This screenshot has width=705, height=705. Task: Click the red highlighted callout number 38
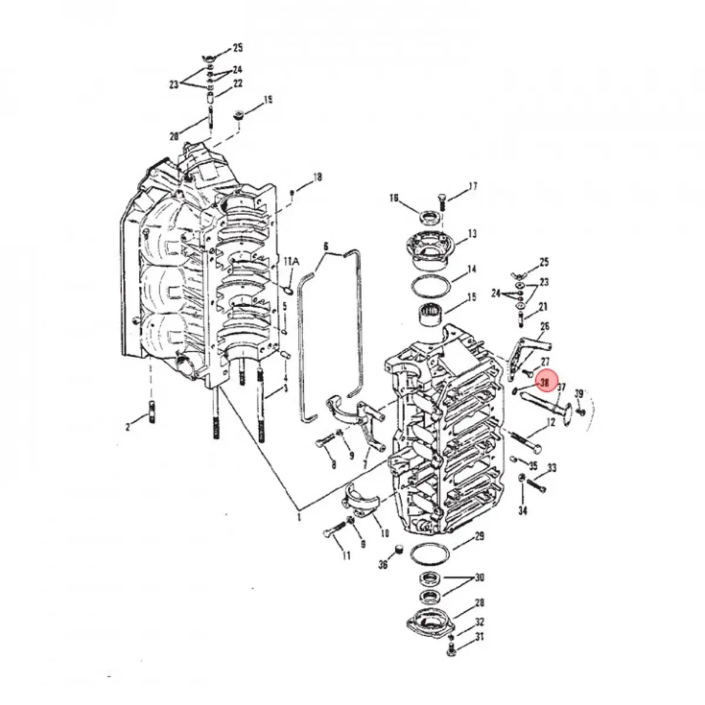(x=545, y=382)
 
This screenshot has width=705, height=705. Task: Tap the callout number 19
(x=267, y=100)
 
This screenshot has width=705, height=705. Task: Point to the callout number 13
(x=472, y=235)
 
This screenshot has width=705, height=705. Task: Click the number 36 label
(x=383, y=565)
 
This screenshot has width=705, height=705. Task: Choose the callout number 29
(x=479, y=536)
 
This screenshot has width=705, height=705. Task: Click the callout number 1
(x=298, y=517)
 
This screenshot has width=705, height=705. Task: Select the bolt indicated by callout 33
(x=537, y=485)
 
